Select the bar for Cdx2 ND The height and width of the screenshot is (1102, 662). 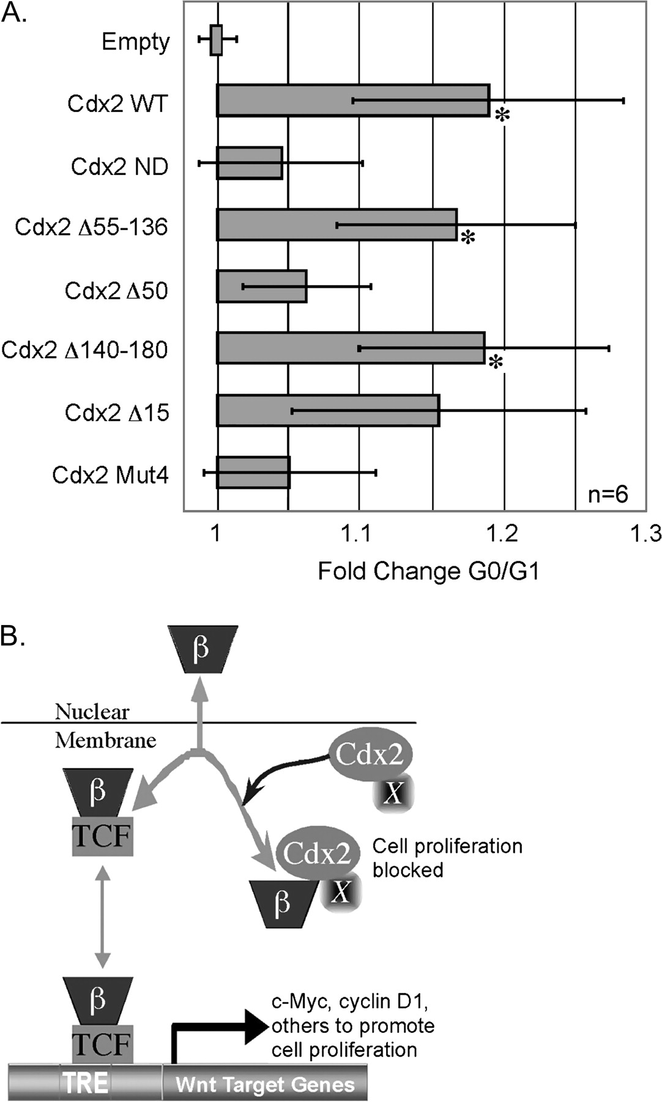(250, 163)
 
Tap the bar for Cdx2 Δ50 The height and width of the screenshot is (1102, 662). (262, 286)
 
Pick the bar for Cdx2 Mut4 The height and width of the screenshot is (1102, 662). (253, 472)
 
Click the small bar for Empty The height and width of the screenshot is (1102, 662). (216, 40)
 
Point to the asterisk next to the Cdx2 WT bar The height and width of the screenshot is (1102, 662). (502, 115)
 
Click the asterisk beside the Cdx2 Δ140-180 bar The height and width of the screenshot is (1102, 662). (496, 363)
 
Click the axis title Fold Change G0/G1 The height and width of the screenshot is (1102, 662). (428, 571)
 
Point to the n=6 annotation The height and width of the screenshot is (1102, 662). (608, 494)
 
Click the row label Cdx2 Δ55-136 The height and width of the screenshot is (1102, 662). (91, 227)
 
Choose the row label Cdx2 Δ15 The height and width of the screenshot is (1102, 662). (117, 413)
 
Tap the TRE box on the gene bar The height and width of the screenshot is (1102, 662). (86, 1082)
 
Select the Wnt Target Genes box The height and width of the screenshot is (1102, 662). (264, 1084)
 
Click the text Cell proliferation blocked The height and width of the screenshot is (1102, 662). (447, 858)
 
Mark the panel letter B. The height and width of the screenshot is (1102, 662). (13, 637)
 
